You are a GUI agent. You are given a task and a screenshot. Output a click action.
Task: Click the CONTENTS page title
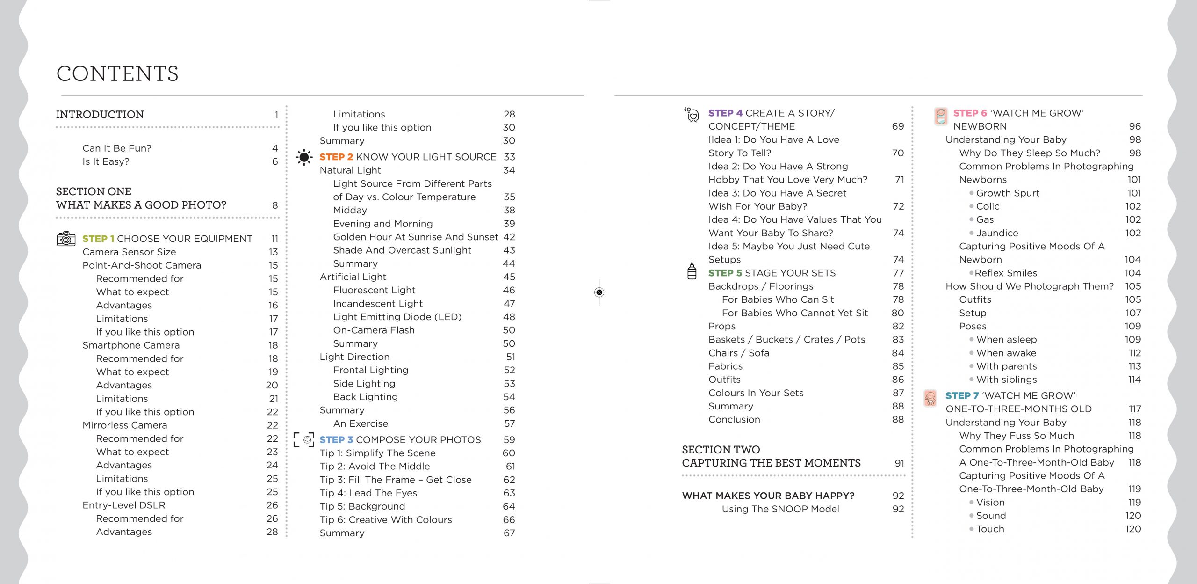point(117,73)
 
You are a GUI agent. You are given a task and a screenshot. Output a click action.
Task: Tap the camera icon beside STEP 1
point(66,239)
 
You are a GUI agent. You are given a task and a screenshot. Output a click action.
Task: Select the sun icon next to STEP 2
point(304,157)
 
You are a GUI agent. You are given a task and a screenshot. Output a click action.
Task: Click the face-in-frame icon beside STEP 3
point(304,440)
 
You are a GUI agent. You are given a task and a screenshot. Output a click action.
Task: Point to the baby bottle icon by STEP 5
point(692,271)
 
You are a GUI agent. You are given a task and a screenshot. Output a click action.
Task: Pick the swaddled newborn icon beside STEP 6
point(941,116)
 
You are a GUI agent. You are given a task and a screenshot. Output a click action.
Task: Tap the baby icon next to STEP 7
point(930,398)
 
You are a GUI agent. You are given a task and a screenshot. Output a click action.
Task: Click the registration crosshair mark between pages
point(599,292)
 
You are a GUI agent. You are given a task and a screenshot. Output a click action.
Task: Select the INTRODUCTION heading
point(100,114)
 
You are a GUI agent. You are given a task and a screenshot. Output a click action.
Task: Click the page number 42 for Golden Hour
point(509,237)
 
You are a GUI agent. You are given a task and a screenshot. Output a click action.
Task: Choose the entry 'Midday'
point(350,210)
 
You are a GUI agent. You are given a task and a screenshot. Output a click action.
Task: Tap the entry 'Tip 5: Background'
point(362,506)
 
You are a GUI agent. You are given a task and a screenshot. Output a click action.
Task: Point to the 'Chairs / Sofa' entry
point(739,353)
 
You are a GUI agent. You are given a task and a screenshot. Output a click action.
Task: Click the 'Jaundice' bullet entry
point(997,233)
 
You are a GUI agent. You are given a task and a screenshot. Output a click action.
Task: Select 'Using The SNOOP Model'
point(780,509)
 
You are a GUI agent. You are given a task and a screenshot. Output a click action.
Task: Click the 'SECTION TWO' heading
point(721,450)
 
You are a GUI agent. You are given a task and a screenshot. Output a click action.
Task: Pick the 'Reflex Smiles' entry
point(1006,273)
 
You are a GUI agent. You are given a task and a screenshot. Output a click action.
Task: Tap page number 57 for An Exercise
point(509,423)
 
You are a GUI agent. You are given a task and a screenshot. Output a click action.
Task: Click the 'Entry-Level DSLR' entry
point(124,505)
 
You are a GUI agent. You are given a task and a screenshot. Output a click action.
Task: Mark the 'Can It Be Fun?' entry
point(117,148)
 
